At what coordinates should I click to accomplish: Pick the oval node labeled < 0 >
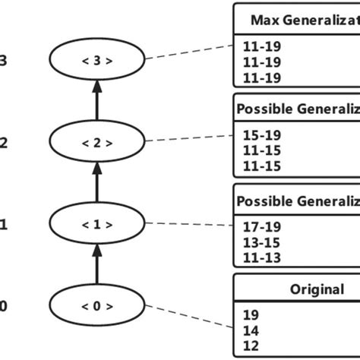96,307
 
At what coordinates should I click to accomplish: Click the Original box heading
317,289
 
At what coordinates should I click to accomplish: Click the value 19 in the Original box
250,314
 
